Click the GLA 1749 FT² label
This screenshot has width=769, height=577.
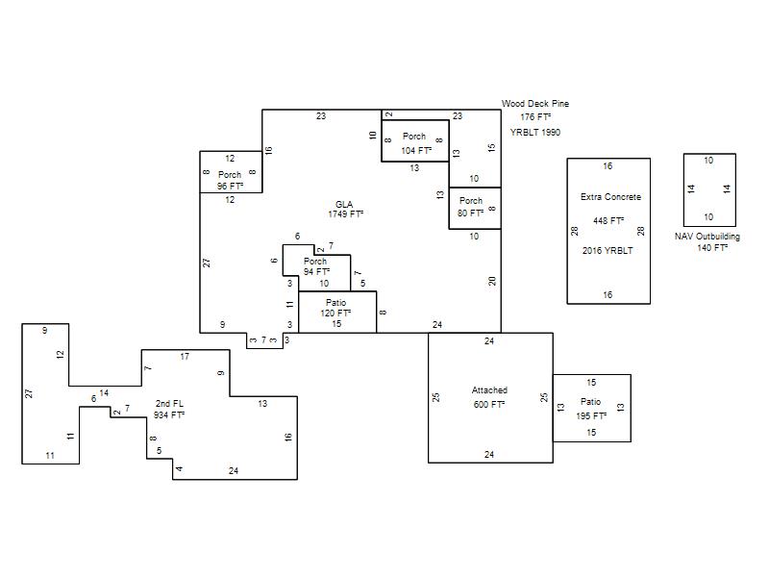click(x=345, y=209)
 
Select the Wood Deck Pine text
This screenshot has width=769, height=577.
click(x=535, y=104)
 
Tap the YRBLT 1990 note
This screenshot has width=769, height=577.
click(x=535, y=132)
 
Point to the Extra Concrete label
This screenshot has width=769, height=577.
click(x=610, y=197)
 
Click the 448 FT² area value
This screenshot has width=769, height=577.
click(x=608, y=221)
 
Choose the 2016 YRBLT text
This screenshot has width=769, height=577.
click(x=608, y=250)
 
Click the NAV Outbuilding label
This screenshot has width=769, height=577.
click(x=707, y=236)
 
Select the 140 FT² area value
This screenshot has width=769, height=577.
click(x=712, y=248)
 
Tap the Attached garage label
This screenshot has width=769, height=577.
click(x=489, y=390)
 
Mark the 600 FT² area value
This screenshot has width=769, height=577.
click(x=489, y=404)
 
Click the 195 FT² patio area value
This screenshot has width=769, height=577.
click(x=591, y=416)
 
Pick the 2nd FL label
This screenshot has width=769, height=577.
click(x=169, y=403)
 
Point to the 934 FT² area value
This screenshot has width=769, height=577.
click(x=169, y=415)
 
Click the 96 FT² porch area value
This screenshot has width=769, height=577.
click(x=230, y=187)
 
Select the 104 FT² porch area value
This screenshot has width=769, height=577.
click(x=416, y=151)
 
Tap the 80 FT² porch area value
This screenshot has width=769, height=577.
click(x=470, y=213)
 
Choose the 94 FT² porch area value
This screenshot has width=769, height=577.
click(x=316, y=271)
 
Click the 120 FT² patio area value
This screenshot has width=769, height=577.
click(x=335, y=314)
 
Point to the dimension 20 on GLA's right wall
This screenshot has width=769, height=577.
click(x=492, y=281)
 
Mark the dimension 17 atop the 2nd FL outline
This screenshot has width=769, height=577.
click(x=185, y=357)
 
